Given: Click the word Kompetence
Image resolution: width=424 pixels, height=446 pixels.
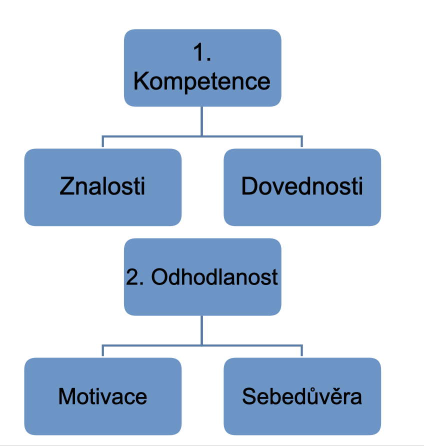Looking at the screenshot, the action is pyautogui.click(x=202, y=81).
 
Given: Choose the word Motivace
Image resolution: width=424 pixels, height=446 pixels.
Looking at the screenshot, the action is pyautogui.click(x=102, y=396).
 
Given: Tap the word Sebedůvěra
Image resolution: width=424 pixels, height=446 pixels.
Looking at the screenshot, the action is pyautogui.click(x=302, y=396).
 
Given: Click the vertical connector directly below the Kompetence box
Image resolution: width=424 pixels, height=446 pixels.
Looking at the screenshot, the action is pyautogui.click(x=202, y=120).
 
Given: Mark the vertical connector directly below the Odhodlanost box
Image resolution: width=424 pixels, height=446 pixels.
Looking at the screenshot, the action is pyautogui.click(x=202, y=330).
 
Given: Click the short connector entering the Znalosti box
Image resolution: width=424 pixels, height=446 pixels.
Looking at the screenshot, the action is pyautogui.click(x=102, y=141).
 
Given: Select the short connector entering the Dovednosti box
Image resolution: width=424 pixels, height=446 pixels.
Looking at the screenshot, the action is pyautogui.click(x=302, y=141).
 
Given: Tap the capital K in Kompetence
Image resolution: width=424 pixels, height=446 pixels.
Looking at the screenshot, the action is pyautogui.click(x=140, y=81).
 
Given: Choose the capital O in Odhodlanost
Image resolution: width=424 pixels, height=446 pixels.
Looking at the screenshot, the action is pyautogui.click(x=159, y=277).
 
